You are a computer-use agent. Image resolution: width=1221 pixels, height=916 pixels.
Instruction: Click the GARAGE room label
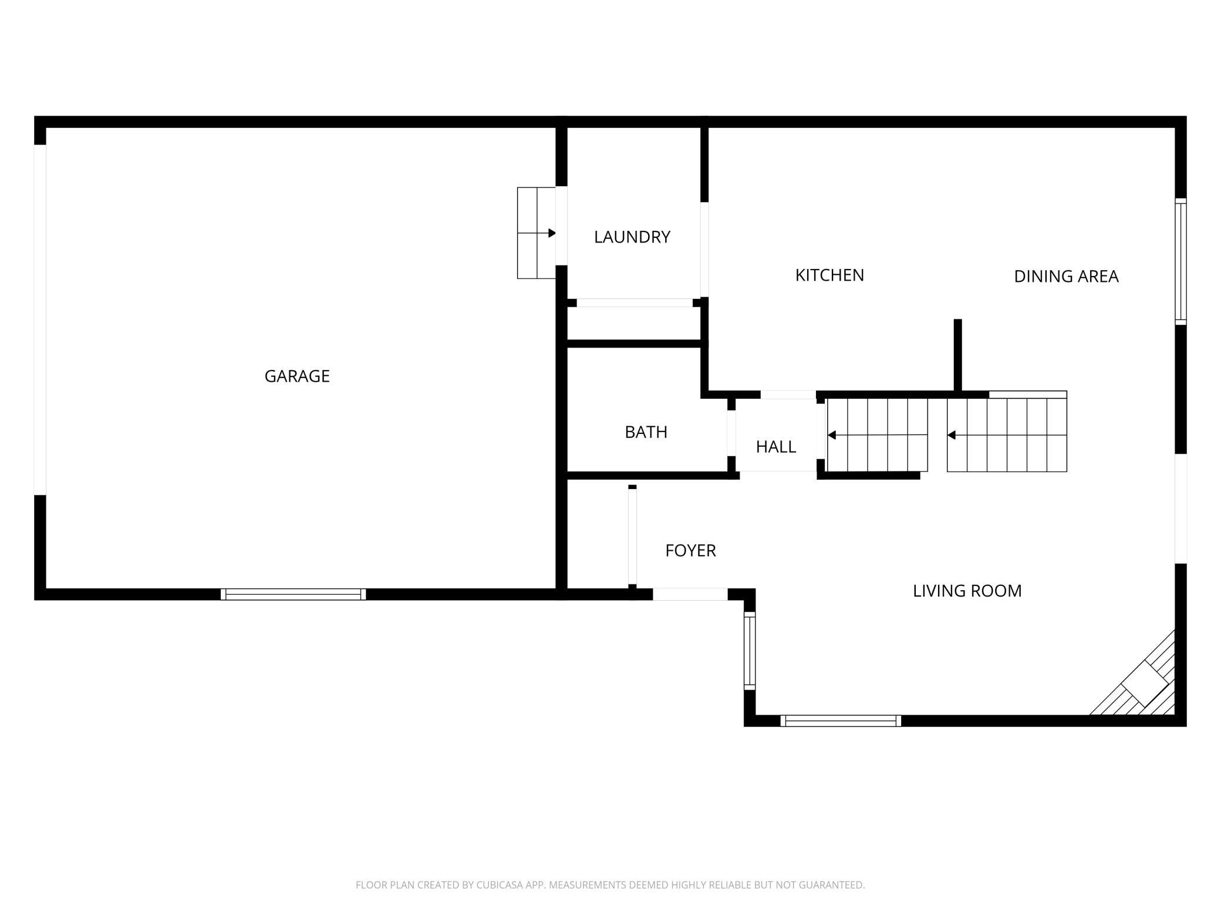coord(297,376)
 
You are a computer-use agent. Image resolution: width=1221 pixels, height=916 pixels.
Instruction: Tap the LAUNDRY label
coord(632,237)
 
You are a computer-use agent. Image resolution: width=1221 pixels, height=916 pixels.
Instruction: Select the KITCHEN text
coord(829,275)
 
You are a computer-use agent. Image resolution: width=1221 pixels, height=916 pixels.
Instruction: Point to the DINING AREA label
coord(1066,276)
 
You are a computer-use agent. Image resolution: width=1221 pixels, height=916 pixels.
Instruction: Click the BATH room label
coord(646,432)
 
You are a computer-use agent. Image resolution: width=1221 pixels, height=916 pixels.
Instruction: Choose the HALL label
coord(775,447)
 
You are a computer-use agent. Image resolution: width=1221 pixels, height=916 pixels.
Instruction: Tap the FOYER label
coord(690,551)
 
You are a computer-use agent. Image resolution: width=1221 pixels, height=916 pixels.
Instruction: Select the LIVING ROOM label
coord(967,591)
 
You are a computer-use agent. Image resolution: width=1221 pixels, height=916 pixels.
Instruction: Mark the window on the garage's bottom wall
coord(293,594)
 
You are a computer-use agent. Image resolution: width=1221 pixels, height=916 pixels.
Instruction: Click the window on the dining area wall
coord(1180,261)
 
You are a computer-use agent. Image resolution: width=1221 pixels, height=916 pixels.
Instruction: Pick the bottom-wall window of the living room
coord(840,720)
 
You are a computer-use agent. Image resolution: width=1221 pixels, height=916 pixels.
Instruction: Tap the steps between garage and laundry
coord(536,233)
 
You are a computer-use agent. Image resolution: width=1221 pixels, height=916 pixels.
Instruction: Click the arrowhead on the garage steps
coord(552,233)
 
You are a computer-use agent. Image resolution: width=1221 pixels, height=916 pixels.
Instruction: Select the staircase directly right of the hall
coord(877,435)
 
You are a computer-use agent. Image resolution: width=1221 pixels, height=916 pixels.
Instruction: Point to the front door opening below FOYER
coord(690,594)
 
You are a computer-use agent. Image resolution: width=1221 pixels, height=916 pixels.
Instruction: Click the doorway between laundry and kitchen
coord(704,250)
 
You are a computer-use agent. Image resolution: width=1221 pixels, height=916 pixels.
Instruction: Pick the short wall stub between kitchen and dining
coord(957,355)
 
